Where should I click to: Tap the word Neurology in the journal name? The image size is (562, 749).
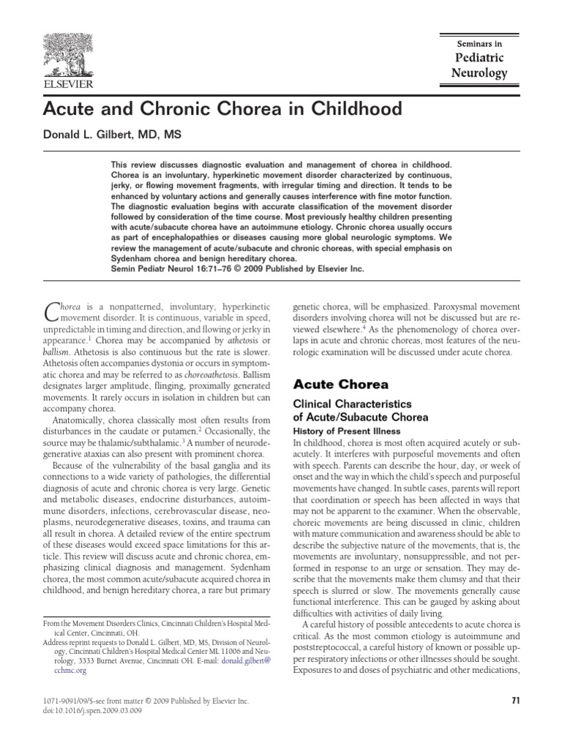point(479,73)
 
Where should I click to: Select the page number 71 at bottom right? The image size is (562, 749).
point(514,701)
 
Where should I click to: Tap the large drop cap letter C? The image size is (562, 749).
point(52,312)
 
